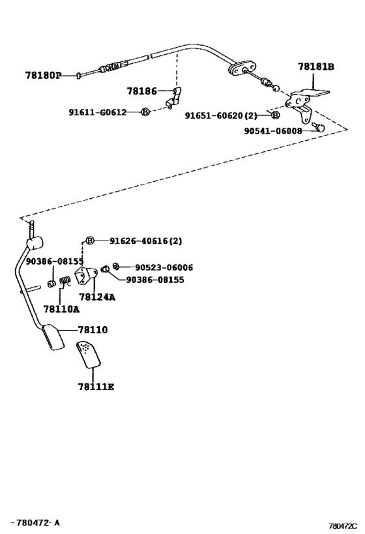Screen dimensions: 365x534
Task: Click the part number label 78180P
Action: tap(43, 75)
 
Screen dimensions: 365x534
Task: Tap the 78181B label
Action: tap(316, 67)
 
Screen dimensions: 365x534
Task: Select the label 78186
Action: tap(142, 91)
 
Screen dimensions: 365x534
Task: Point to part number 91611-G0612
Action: tap(98, 112)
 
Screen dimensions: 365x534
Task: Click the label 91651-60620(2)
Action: tap(221, 115)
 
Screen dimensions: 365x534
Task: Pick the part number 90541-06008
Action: tap(273, 131)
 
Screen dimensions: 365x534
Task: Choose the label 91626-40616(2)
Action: tap(146, 241)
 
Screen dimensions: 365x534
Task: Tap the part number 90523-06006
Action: tap(164, 268)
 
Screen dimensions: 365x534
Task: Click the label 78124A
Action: tap(97, 297)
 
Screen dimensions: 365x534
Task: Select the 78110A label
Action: tap(61, 309)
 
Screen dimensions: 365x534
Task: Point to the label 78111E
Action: tap(96, 387)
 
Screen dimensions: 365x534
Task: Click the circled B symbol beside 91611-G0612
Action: tap(145, 111)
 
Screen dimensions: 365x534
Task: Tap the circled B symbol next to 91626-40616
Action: tap(89, 241)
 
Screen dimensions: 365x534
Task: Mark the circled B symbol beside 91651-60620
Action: tap(276, 115)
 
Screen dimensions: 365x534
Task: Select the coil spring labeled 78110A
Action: tap(65, 280)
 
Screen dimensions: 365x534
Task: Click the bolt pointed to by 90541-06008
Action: tap(320, 127)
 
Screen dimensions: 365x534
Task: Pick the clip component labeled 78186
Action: tap(175, 98)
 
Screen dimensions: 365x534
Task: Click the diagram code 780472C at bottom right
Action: tap(343, 526)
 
